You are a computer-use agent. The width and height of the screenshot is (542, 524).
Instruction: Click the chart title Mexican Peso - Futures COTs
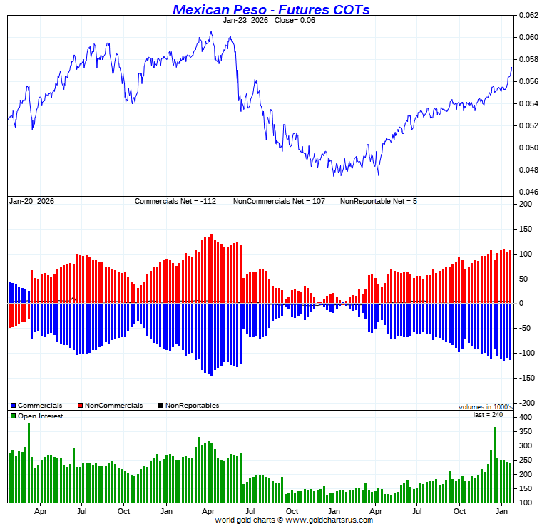[271, 9]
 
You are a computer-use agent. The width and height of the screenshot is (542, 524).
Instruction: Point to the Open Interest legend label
[40, 416]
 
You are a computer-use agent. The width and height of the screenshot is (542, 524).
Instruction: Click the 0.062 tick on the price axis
[528, 15]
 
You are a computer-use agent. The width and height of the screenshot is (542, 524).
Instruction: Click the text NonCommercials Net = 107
[279, 201]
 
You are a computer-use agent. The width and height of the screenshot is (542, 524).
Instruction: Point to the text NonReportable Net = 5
[378, 201]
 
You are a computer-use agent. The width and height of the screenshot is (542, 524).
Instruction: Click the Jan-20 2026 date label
[31, 201]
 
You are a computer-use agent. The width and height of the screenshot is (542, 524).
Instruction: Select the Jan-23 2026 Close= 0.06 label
[269, 20]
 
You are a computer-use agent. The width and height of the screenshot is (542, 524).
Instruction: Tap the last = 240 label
[493, 414]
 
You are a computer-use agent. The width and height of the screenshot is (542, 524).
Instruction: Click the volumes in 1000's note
[485, 407]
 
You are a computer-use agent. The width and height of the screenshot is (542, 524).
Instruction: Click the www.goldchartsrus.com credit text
[294, 520]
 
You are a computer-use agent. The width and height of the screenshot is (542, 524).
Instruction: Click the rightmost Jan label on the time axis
[502, 511]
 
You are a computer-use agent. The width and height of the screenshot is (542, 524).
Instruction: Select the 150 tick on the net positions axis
[526, 229]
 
